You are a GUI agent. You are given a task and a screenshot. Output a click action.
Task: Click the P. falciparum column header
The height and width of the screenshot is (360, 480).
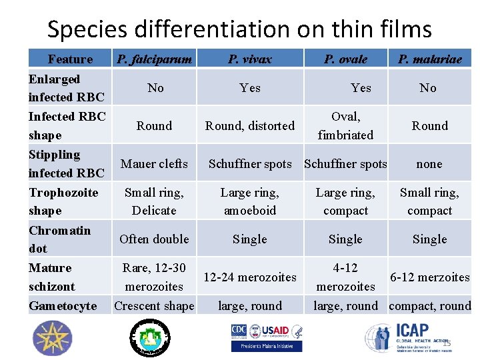pos(155,59)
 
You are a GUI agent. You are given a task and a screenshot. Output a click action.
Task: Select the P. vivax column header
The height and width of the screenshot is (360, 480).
pos(250,59)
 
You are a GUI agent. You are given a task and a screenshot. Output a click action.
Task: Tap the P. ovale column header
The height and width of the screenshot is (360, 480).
pos(345,59)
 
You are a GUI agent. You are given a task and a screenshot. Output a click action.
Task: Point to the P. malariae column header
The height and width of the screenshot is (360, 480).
pos(429,59)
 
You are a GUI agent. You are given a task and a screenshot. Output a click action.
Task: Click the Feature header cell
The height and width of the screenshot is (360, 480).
pos(70,59)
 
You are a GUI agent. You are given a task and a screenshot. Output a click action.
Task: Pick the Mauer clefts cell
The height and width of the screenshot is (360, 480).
pos(154,164)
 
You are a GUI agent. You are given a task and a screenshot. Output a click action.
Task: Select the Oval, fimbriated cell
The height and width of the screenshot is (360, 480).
pos(345,125)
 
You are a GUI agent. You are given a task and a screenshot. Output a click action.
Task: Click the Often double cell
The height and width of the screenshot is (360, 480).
pos(154,239)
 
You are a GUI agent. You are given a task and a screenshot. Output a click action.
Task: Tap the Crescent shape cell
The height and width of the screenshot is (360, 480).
pos(154,306)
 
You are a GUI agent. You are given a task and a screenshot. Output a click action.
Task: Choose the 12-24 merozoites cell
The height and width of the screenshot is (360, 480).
pos(250,277)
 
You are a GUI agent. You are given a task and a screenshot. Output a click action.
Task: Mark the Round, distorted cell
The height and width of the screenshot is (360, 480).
pos(250,126)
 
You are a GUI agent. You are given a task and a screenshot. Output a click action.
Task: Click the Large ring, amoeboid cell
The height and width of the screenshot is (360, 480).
pos(250,201)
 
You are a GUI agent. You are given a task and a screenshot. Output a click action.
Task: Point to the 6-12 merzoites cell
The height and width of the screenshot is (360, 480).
pos(429,277)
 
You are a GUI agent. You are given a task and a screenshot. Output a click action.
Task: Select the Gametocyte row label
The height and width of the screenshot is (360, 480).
pos(63,306)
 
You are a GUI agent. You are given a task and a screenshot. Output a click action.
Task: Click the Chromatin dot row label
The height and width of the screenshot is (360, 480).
pos(59,239)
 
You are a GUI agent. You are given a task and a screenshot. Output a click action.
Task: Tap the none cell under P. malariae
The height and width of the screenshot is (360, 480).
pos(429,164)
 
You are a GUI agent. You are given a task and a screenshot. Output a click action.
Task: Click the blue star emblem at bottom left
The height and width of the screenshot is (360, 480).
pos(51,338)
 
